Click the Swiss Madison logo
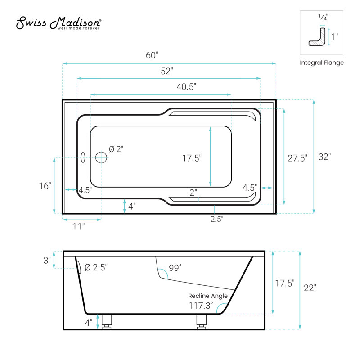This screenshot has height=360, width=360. [x=58, y=23]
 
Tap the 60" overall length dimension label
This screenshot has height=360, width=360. [x=152, y=55]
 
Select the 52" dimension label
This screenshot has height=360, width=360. [x=167, y=71]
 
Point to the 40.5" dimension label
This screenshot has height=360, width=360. [x=186, y=87]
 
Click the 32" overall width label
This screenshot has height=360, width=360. [x=324, y=157]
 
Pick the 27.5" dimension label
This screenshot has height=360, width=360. [x=297, y=158]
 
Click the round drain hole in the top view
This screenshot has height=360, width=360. [x=101, y=157]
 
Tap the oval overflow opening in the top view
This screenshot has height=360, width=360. [x=83, y=157]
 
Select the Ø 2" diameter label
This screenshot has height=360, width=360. [x=116, y=149]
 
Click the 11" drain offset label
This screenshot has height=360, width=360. [x=78, y=227]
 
